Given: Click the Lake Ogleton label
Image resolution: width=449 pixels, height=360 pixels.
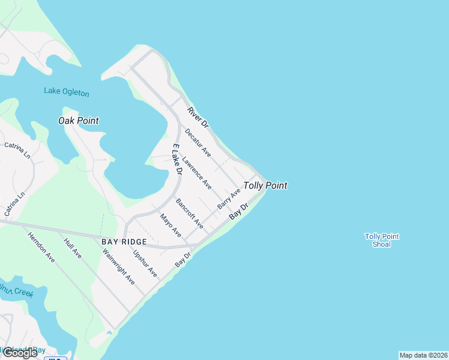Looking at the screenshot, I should coord(66,92).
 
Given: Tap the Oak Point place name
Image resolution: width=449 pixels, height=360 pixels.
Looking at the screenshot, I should coord(78,121).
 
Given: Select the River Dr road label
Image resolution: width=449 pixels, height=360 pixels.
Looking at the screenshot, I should coord(197,117).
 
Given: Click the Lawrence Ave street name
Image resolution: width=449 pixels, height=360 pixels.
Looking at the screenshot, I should coord(197,172).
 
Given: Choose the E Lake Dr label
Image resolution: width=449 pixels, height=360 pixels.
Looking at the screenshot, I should coord(176,159).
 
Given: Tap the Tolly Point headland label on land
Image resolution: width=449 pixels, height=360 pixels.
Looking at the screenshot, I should coord(265,185).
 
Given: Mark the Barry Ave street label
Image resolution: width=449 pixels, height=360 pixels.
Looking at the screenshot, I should coord(229,198).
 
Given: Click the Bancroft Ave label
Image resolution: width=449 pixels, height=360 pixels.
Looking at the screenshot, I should coord(189,214).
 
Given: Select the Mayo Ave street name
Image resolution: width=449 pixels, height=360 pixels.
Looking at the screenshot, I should coord(170,224).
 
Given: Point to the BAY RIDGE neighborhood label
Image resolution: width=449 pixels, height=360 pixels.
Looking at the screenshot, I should coord(124,241).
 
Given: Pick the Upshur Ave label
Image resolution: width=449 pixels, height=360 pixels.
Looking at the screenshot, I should coord(145,264).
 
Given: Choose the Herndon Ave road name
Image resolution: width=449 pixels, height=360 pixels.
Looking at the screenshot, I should coord(41,247).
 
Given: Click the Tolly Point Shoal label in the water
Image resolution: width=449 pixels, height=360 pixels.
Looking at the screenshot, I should coord(382,240).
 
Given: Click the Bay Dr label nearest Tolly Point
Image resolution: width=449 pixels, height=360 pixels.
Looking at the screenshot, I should coord(238,211).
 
